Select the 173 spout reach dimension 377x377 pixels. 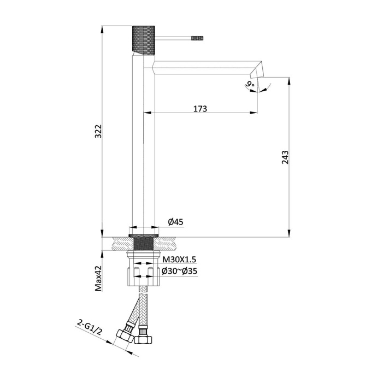pos(200,108)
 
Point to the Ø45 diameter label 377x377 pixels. pos(175,221)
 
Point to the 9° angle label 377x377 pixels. pos(250,84)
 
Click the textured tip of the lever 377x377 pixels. pos(197,39)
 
